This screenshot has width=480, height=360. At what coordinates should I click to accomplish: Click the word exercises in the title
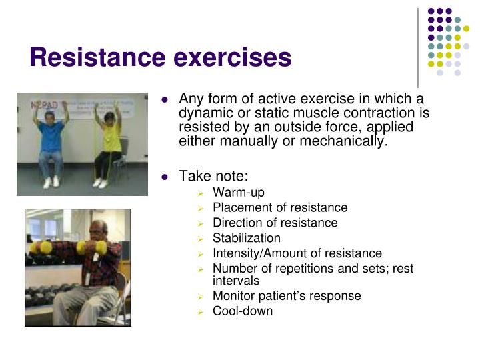pos(233,57)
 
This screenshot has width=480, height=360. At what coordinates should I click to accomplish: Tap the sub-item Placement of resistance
pos(280,207)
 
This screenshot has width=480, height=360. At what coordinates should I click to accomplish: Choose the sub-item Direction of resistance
pos(275,223)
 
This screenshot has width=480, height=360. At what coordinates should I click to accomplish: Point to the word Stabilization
pos(247,238)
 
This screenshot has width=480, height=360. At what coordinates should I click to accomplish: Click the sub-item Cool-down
pos(243,311)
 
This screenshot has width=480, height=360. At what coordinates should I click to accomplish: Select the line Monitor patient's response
pos(287,295)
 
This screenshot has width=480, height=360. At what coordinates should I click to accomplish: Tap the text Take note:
pos(213,176)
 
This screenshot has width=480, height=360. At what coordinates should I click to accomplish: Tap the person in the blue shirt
pos(51,140)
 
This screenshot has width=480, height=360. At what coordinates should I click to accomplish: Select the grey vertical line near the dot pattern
pos(418,47)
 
